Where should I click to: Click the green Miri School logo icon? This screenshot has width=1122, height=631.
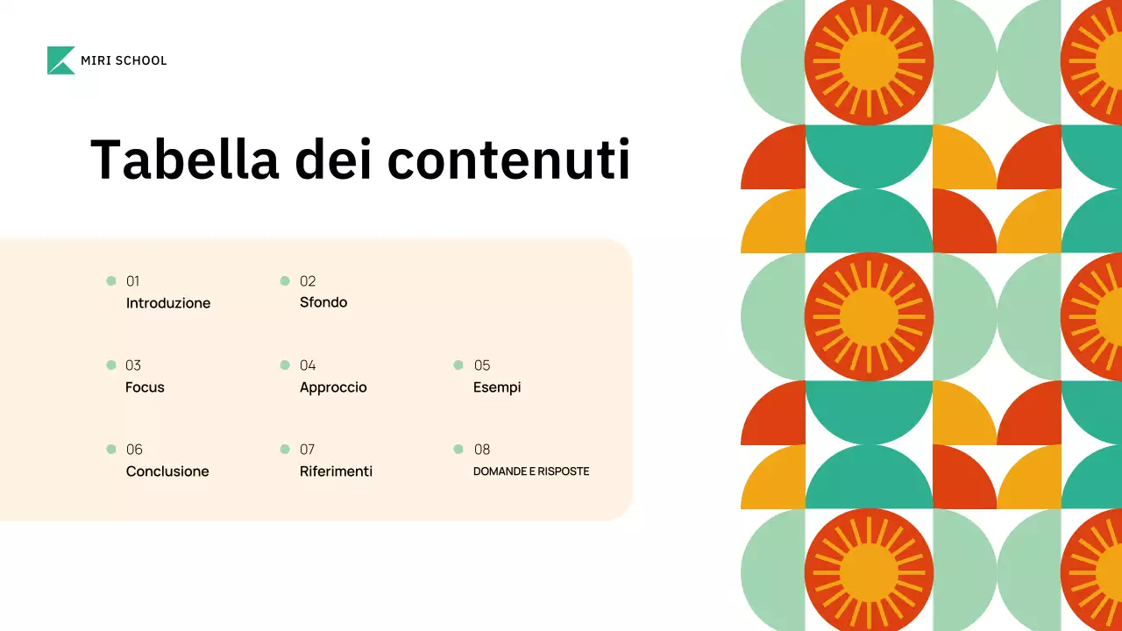coord(60,60)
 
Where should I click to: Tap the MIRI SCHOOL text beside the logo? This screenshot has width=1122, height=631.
coord(124,60)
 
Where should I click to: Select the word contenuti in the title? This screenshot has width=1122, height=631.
coord(508,160)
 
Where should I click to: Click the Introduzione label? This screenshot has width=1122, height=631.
coord(168,303)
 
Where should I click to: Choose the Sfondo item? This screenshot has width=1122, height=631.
coord(323,302)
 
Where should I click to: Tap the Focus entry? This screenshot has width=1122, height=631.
coord(145,387)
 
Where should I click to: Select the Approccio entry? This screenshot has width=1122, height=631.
coord(333,387)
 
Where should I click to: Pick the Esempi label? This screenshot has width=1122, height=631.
coord(497,387)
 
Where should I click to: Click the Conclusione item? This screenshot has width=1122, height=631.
coord(167,471)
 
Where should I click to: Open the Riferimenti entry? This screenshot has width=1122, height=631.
coord(336,471)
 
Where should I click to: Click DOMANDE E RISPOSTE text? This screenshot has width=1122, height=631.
coord(531,471)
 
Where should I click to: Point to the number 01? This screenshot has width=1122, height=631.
coord(133,281)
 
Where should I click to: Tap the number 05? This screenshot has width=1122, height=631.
coord(482,365)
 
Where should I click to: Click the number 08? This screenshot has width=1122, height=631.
coord(482,450)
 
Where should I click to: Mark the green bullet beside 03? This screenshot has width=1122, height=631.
coord(111,365)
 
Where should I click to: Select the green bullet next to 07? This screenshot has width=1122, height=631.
coord(285,449)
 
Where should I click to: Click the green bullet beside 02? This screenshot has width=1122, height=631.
coord(285,280)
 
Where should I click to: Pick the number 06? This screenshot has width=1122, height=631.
coord(134,450)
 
